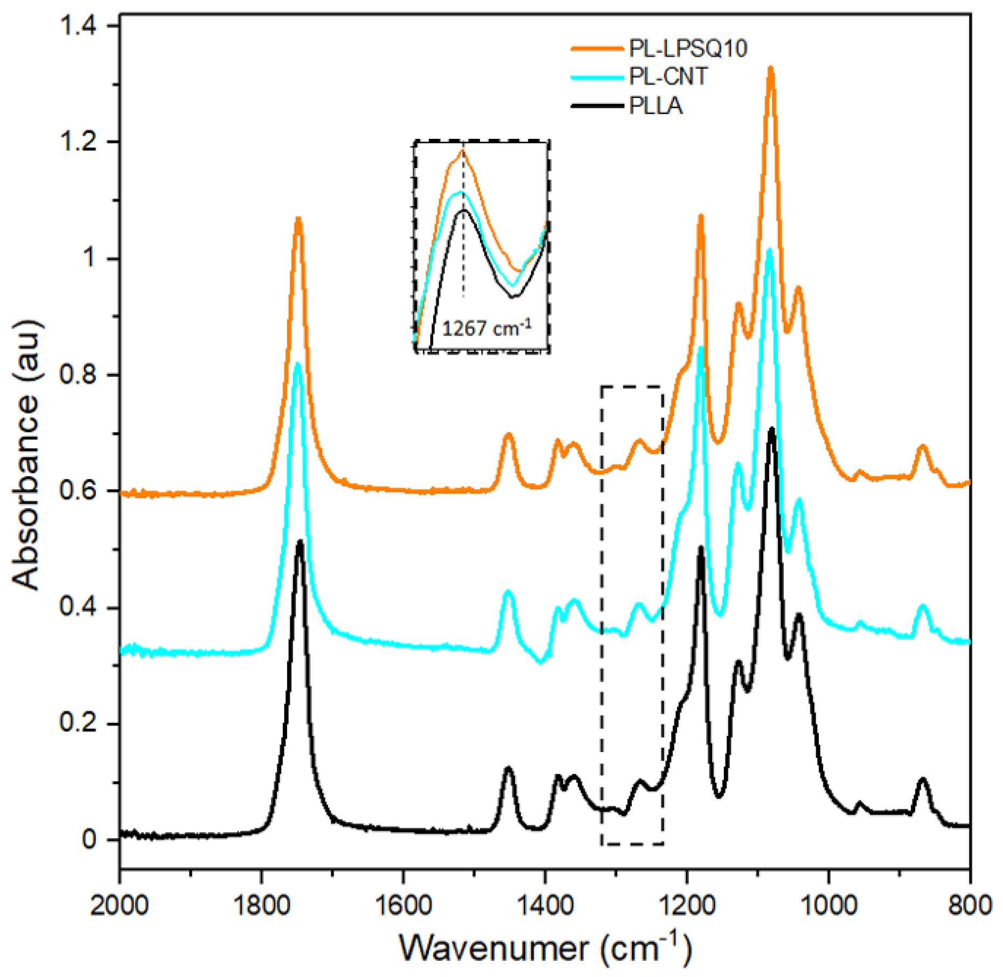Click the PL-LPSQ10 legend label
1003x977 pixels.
coord(688,49)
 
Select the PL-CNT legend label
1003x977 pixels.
coord(668,76)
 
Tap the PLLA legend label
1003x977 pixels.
coord(656,106)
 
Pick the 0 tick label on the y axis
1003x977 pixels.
coord(89,840)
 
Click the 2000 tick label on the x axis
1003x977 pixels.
coord(120,905)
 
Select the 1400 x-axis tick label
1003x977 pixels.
coord(545,905)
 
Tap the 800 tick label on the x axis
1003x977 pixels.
coord(970,905)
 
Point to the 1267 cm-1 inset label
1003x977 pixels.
coord(486,328)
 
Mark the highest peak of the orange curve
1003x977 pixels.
coord(771,68)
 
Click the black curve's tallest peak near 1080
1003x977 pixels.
coord(772,429)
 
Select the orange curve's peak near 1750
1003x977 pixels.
coord(298,219)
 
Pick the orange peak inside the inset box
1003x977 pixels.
coord(462,152)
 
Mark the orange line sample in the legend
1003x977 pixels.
coord(596,49)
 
